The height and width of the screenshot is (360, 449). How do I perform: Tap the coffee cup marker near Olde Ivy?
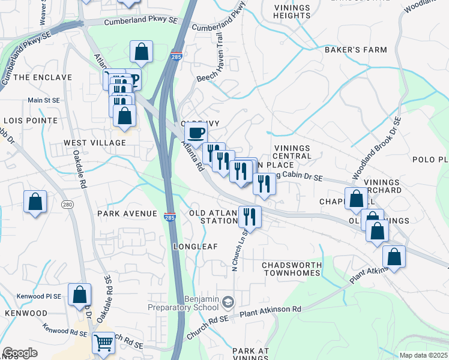pos(196,133)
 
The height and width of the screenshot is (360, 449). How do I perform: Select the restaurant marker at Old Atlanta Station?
pos(249,216)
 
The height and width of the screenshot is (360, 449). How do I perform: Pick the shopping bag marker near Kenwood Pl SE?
pos(79,295)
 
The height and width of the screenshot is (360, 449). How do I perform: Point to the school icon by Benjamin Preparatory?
pos(228,301)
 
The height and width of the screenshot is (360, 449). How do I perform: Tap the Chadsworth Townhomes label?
pos(292,269)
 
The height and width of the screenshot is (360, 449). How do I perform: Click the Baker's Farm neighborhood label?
pos(356,50)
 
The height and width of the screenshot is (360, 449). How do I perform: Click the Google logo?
pos(20,353)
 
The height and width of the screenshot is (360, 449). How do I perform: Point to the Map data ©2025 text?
pos(424,355)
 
